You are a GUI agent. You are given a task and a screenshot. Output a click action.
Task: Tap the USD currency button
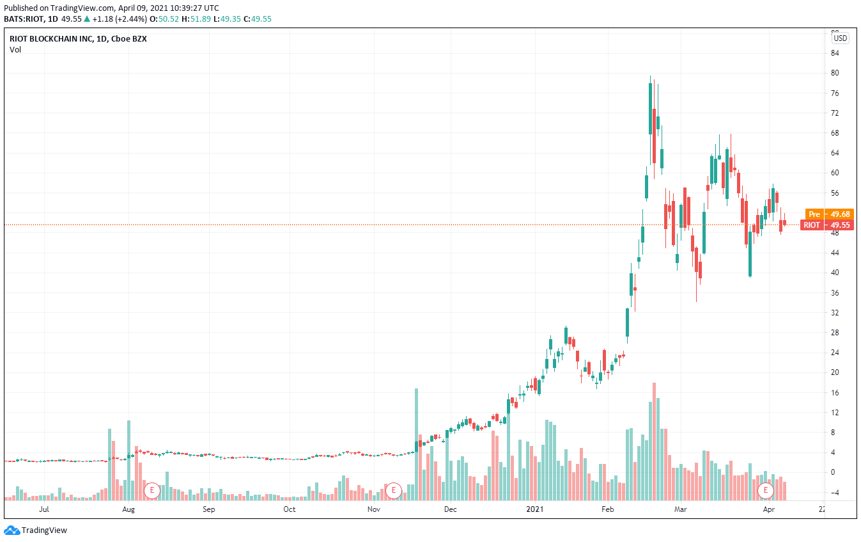[840, 38]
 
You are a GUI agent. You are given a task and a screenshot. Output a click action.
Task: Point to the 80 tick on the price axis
[835, 73]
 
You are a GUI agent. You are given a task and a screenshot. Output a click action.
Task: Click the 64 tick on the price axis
[835, 153]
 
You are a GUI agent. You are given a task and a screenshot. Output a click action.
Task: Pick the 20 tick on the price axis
[835, 372]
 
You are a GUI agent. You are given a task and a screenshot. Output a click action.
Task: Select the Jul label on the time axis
[44, 510]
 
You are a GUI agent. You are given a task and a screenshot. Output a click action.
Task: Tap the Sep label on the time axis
[209, 510]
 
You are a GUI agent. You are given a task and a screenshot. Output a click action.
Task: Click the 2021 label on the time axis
[534, 510]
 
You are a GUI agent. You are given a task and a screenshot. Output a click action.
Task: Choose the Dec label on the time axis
[450, 510]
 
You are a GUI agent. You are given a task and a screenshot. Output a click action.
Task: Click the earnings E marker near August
[151, 491]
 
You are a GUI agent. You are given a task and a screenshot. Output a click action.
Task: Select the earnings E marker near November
[393, 491]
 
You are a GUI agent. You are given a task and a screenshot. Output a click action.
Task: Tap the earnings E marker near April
[765, 491]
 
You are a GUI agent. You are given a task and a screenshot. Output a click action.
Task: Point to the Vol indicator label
[15, 50]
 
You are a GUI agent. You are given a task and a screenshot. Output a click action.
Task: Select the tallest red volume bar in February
[654, 442]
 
